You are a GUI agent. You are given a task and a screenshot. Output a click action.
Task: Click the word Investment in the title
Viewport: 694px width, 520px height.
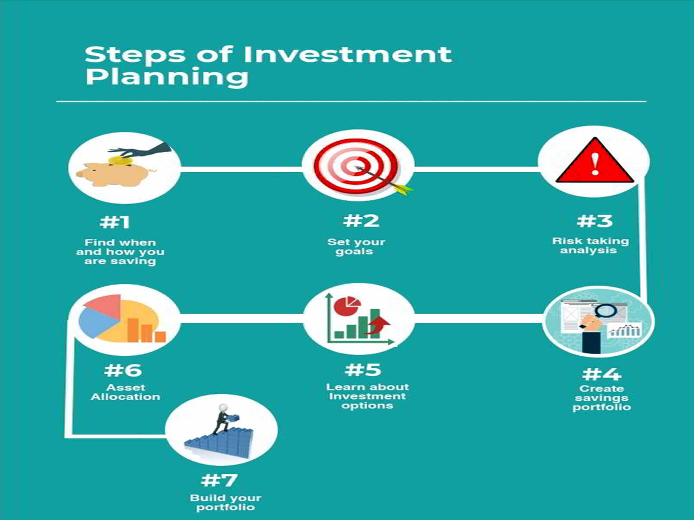pyautogui.click(x=348, y=55)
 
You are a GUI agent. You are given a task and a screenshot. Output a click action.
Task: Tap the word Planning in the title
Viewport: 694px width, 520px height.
pyautogui.click(x=167, y=77)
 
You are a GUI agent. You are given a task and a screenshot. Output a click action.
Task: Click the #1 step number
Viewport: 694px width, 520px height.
pyautogui.click(x=114, y=222)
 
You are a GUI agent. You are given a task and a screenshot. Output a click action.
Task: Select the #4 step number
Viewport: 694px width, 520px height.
pyautogui.click(x=601, y=374)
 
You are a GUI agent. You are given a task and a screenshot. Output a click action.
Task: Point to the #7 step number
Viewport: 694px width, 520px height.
pyautogui.click(x=219, y=480)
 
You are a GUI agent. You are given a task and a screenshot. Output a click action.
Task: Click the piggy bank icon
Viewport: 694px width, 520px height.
pyautogui.click(x=116, y=174)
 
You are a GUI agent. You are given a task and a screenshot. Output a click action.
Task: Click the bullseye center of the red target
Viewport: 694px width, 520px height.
pyautogui.click(x=356, y=166)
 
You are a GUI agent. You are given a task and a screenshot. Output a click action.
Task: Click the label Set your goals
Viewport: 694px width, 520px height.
pyautogui.click(x=356, y=247)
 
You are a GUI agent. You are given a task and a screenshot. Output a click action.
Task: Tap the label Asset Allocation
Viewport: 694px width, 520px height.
pyautogui.click(x=125, y=392)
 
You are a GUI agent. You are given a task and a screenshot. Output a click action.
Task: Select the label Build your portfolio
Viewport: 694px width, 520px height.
pyautogui.click(x=226, y=502)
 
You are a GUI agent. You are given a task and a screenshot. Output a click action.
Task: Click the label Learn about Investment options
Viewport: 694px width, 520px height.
pyautogui.click(x=367, y=396)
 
